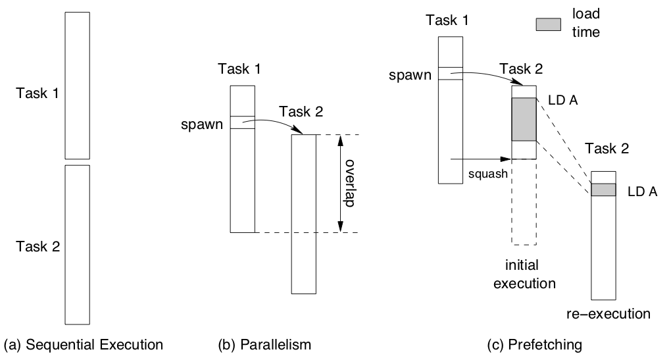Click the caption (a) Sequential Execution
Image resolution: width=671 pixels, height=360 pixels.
83,344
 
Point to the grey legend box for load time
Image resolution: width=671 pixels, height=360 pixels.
550,24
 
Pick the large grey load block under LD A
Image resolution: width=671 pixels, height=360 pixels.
524,119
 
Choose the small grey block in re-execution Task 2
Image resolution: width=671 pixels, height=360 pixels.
603,190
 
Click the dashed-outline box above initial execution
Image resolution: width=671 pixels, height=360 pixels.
524,201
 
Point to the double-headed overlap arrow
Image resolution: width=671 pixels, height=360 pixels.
339,184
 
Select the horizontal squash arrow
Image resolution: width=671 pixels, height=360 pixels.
480,159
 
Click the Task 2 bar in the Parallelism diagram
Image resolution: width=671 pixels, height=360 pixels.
304,214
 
